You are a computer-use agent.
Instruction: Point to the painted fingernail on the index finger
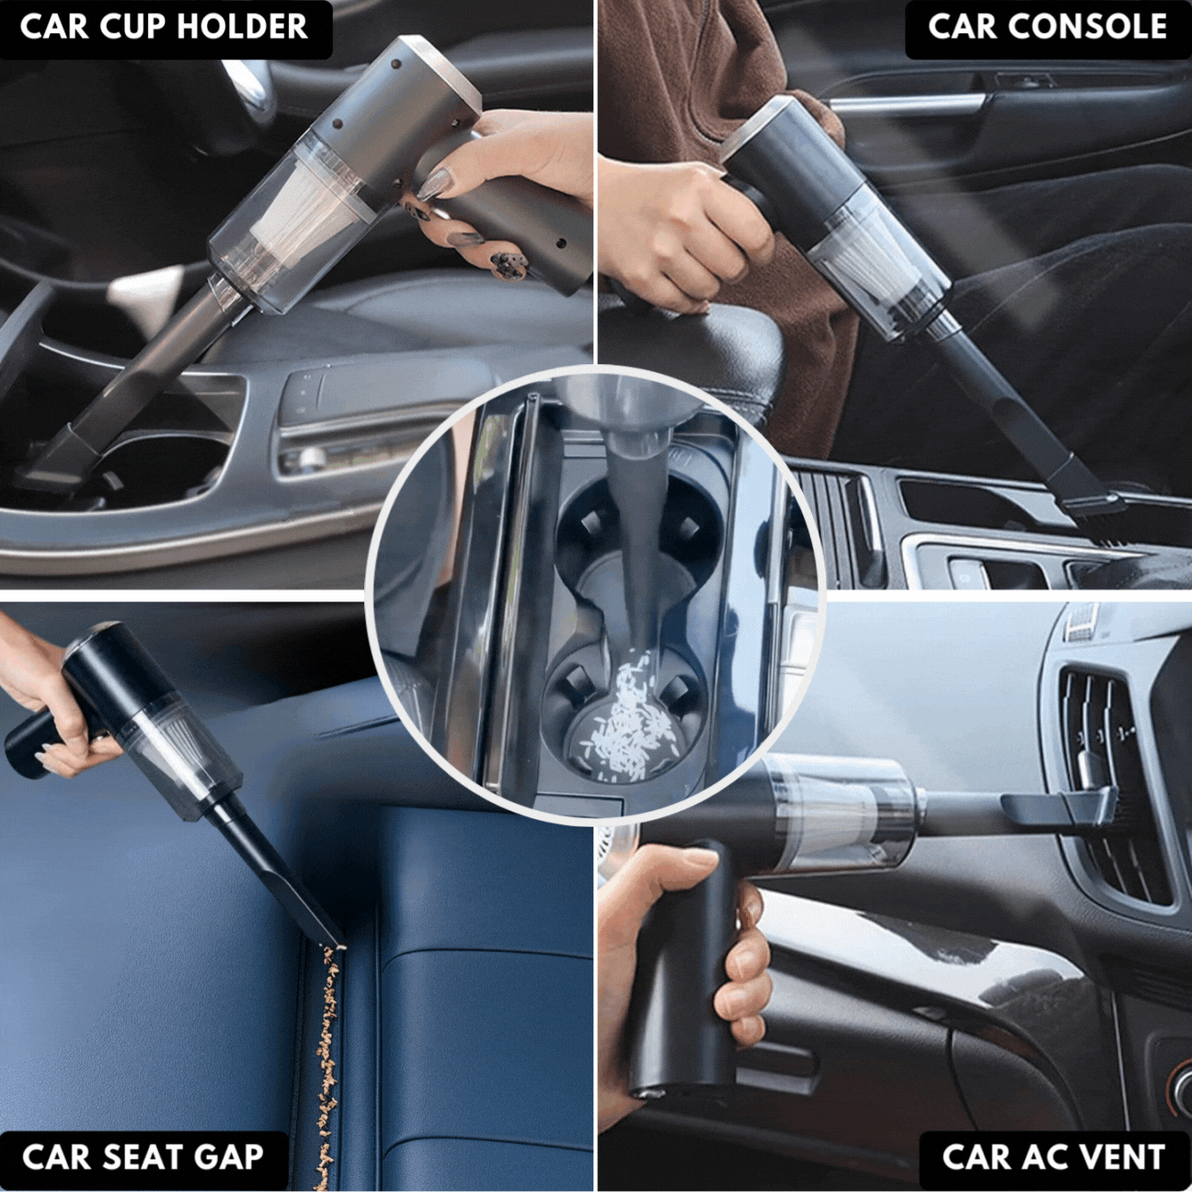click(435, 184)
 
